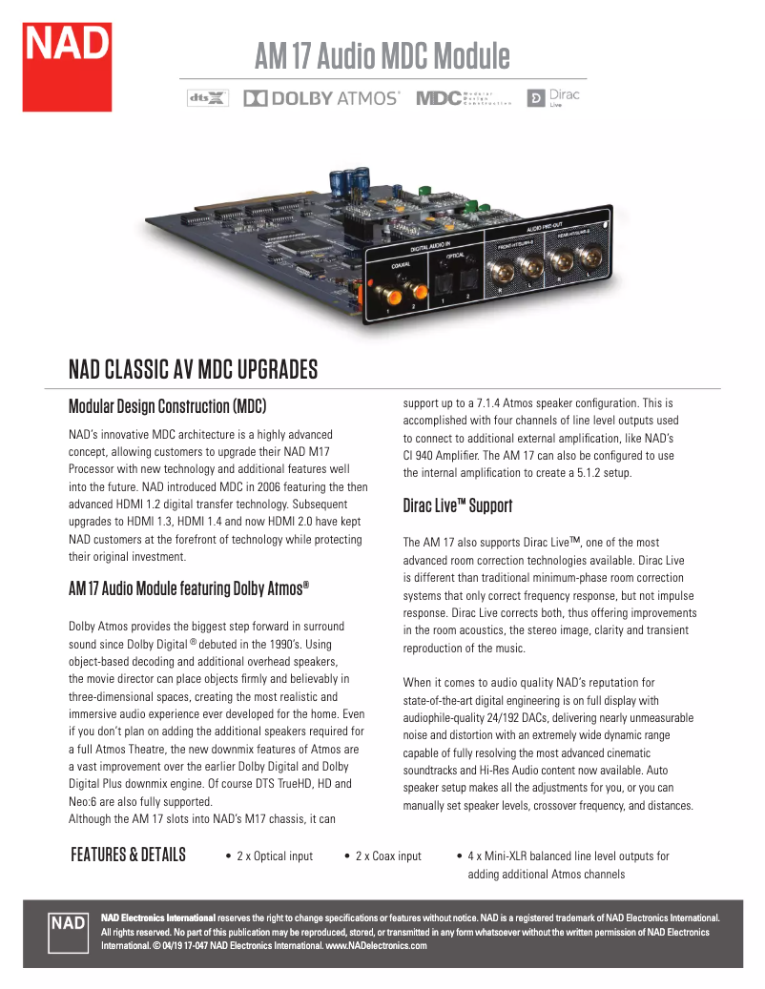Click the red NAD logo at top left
(68, 66)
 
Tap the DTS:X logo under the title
(208, 97)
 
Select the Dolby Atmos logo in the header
(321, 97)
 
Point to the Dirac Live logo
(554, 97)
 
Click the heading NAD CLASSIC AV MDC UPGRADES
(193, 370)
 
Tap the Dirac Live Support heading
(458, 505)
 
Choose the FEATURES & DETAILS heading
(128, 855)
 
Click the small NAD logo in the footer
(69, 922)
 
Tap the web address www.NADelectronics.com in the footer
(377, 946)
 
